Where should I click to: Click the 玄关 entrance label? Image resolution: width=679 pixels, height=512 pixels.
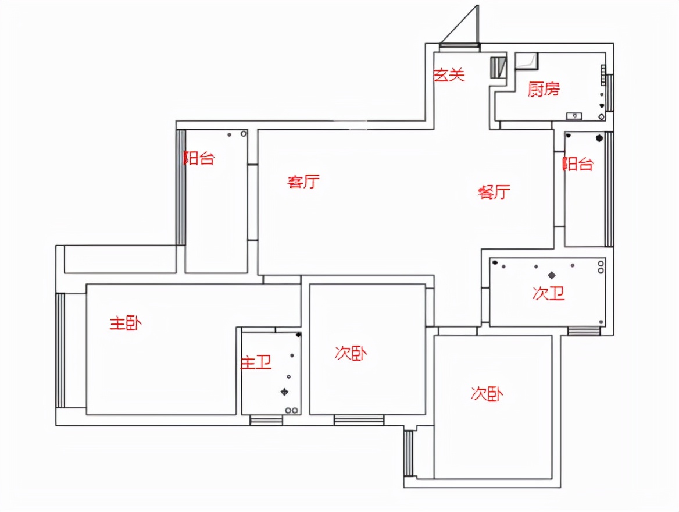click(449, 75)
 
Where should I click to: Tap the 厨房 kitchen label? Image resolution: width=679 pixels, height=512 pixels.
click(544, 89)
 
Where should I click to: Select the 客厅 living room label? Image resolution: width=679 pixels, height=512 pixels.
click(303, 181)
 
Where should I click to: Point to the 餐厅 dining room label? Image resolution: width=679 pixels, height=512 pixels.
click(494, 191)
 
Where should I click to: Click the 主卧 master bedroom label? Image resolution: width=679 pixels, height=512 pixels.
click(126, 323)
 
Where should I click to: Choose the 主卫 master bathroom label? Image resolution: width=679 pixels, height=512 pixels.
click(256, 362)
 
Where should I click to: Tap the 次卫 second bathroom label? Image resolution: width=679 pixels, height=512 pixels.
click(549, 293)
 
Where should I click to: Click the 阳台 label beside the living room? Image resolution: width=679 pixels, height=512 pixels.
click(199, 158)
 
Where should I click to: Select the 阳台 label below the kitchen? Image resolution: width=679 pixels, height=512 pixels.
click(578, 164)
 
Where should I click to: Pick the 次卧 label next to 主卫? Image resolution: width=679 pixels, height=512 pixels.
click(351, 353)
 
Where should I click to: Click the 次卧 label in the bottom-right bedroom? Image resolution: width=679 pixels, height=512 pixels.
click(487, 394)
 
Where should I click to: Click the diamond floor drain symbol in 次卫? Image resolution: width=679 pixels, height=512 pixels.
click(552, 275)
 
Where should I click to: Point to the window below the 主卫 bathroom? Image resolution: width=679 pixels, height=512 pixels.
click(266, 420)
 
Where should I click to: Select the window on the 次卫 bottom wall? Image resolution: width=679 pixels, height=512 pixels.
click(584, 331)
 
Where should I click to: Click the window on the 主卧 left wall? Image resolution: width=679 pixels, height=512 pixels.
click(60, 350)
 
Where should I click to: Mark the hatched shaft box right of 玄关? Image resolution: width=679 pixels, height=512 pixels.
click(498, 68)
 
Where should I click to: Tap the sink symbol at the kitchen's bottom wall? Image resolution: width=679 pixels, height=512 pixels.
click(574, 116)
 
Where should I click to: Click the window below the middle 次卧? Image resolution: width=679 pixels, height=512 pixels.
click(359, 420)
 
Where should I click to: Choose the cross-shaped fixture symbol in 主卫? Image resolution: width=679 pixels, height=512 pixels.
click(284, 392)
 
